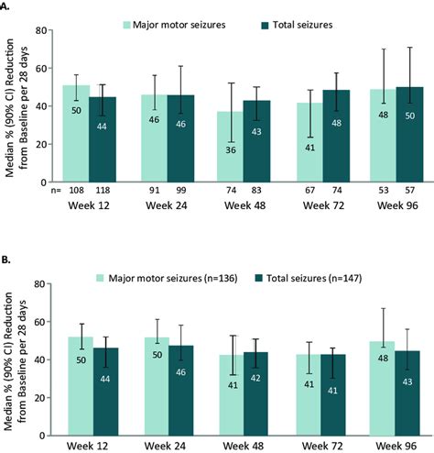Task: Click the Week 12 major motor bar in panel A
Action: click(x=76, y=134)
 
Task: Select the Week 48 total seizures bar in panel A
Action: click(x=256, y=141)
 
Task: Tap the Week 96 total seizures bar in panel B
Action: click(x=407, y=393)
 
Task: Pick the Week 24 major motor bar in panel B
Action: click(x=157, y=386)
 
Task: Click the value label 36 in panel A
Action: click(x=231, y=150)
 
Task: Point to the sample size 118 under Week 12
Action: click(x=103, y=191)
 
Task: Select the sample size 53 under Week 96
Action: click(x=384, y=191)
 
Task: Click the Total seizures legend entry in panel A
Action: click(x=297, y=25)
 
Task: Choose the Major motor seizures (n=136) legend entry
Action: click(x=167, y=278)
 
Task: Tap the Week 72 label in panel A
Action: click(x=323, y=205)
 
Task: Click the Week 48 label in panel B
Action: click(x=244, y=446)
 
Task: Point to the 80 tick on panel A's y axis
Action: click(x=41, y=30)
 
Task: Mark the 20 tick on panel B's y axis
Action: click(x=40, y=398)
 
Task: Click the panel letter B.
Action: click(x=5, y=260)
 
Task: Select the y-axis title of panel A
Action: click(x=17, y=107)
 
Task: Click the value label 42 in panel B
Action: click(x=255, y=378)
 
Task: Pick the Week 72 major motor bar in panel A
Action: click(x=310, y=142)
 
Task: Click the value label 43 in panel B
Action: click(x=407, y=381)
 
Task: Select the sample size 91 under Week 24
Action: click(x=154, y=191)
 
